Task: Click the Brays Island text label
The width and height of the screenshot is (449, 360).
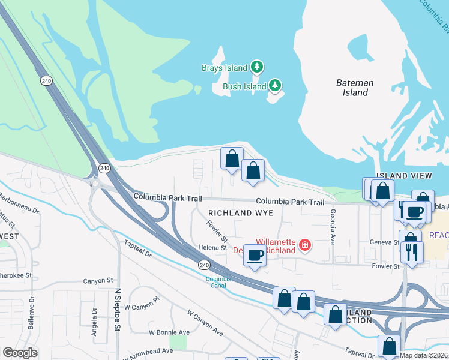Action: point(224,67)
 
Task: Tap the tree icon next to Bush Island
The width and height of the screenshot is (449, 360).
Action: point(275,86)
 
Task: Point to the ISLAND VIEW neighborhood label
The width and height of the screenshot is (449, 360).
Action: point(403,175)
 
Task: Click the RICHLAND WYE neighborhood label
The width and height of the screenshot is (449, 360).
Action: point(240,213)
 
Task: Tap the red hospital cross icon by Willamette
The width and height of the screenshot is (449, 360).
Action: point(305,245)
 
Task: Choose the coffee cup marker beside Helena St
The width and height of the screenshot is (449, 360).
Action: point(255,256)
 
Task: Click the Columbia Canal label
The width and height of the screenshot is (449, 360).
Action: point(218,282)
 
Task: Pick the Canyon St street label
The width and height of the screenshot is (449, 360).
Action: point(98,280)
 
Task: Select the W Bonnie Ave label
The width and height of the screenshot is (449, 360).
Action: point(169,332)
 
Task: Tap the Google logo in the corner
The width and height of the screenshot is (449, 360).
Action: point(19,353)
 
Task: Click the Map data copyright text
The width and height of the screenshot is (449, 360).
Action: point(423,355)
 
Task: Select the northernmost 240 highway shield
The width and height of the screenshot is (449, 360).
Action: point(46,80)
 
